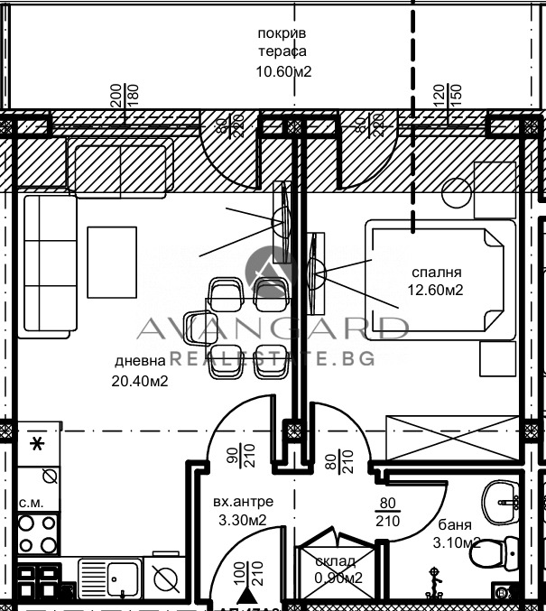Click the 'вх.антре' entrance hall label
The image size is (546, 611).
click(243, 502)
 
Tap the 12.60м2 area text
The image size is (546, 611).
click(436, 290)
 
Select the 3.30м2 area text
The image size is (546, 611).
click(244, 520)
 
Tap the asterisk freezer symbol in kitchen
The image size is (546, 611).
click(37, 443)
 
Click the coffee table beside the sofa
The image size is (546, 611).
click(112, 262)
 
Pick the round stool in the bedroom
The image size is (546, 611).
click(458, 192)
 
